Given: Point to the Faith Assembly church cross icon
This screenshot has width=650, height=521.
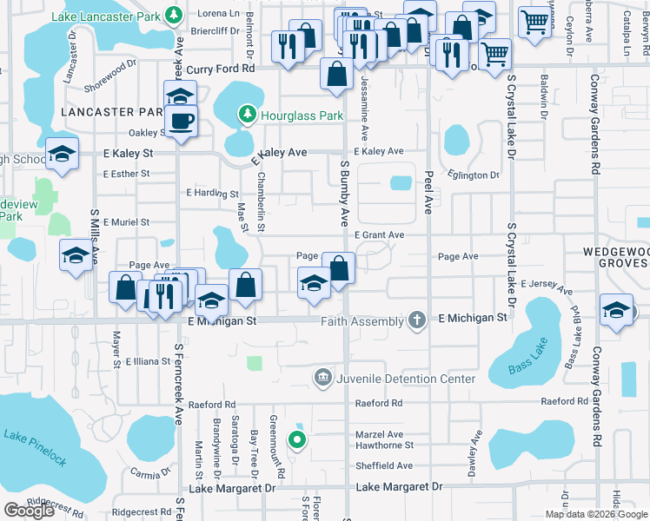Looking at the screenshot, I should point(417,320).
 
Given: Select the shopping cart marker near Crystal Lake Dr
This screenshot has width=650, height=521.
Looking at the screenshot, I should point(495,54).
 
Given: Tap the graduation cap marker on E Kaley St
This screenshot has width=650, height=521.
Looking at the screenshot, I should point(63,154).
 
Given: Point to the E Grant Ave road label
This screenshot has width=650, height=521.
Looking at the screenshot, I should point(379,235).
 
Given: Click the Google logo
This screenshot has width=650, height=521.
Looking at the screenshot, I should point(30,510).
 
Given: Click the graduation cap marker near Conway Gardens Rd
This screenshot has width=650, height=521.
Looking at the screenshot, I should point(616,311).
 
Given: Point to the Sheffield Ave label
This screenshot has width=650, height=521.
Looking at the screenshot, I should point(383,465).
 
